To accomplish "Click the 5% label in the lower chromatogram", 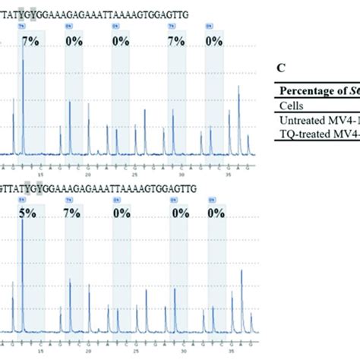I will (28, 215).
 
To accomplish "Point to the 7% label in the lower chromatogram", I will (73, 215).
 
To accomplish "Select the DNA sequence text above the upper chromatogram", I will (99, 13).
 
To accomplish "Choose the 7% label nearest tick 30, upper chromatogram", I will (176, 40).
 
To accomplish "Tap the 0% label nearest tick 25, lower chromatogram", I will (122, 215).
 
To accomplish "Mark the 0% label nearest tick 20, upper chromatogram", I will (74, 40).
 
